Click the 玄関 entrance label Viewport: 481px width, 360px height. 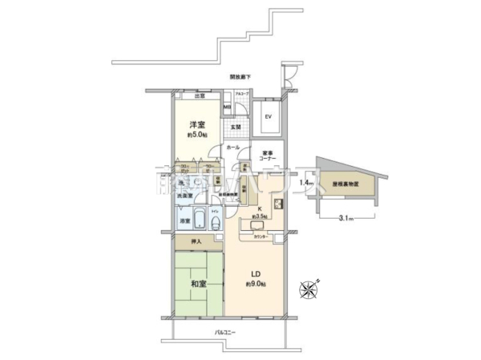pyautogui.click(x=236, y=127)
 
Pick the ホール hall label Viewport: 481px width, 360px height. pyautogui.click(x=232, y=148)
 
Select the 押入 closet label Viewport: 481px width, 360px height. pyautogui.click(x=196, y=241)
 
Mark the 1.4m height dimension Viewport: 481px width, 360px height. pyautogui.click(x=305, y=184)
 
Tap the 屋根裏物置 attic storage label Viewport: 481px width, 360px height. pyautogui.click(x=346, y=184)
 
